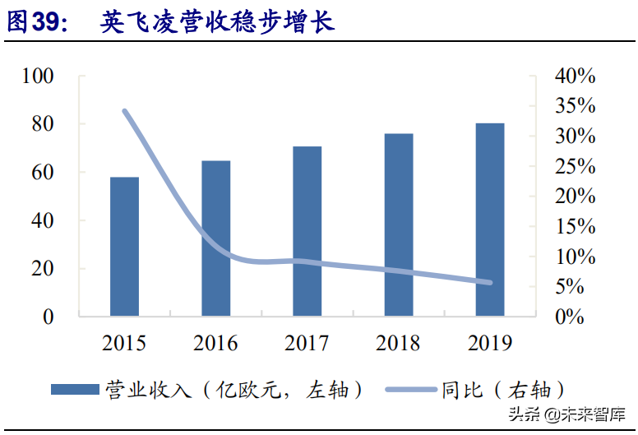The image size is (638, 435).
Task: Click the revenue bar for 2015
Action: (124, 246)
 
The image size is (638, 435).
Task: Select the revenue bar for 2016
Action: (216, 238)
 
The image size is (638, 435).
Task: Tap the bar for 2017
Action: (307, 231)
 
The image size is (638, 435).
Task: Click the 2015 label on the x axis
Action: (124, 342)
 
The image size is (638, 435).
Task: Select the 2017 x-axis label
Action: (307, 342)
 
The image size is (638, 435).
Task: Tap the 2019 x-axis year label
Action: (490, 342)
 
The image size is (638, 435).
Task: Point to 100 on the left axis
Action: (38, 76)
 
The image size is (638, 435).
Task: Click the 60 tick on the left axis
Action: (44, 173)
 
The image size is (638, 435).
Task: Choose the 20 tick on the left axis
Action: (44, 269)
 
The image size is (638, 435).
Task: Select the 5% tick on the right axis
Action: (580, 287)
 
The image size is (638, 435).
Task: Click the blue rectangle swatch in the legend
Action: (75, 389)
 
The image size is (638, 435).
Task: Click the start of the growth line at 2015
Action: (124, 110)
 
